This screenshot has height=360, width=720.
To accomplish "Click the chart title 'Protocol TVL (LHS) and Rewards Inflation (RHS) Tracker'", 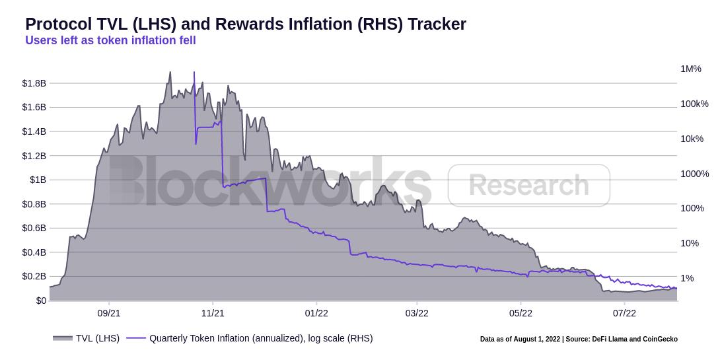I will click(x=246, y=24).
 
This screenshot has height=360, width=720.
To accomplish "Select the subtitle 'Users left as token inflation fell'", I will click(x=110, y=40).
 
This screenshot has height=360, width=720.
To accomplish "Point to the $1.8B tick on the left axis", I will click(x=34, y=83).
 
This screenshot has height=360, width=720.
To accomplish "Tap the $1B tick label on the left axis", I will click(x=38, y=180).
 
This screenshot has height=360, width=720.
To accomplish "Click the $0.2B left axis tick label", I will click(x=34, y=276).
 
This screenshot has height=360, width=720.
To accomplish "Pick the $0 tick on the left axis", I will click(x=41, y=301).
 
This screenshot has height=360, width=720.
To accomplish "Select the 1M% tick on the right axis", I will click(x=691, y=69).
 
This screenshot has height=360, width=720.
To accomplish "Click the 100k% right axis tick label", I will click(x=694, y=104).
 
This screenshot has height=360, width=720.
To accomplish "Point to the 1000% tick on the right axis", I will click(x=694, y=174).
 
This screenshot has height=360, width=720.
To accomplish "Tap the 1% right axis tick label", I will click(x=687, y=278).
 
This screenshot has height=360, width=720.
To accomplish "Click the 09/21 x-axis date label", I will click(x=108, y=313).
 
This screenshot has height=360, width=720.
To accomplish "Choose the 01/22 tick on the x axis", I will click(x=316, y=313).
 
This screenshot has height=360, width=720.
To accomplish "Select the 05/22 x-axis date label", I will click(x=521, y=313).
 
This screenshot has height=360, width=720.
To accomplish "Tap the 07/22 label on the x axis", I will click(x=624, y=313).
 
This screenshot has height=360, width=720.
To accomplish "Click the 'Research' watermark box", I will click(x=528, y=186).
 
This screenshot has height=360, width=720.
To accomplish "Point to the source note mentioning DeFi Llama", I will click(x=579, y=340).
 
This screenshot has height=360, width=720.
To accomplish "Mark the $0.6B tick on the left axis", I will click(x=34, y=228).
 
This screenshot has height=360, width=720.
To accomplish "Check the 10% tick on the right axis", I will click(x=690, y=243).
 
